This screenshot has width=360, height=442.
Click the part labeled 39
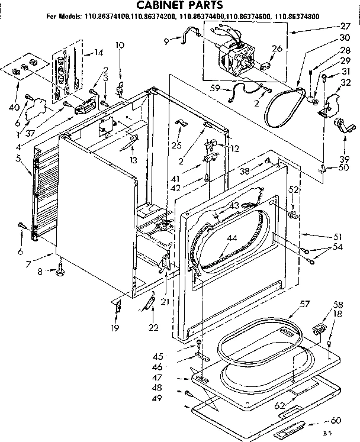(x=343, y=125)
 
